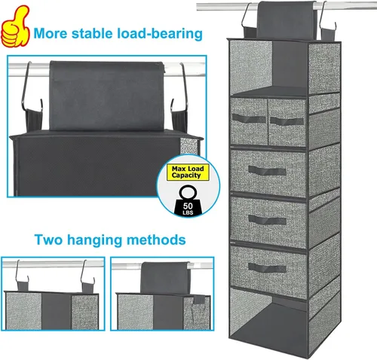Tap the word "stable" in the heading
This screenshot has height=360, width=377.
(x=92, y=33)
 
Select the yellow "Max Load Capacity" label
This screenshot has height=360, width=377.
(x=188, y=172)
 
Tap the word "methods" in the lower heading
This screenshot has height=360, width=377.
(x=156, y=239)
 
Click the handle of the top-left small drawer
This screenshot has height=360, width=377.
(x=249, y=118)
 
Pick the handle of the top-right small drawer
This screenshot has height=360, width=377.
(x=287, y=121)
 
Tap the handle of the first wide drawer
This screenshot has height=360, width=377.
(x=267, y=171)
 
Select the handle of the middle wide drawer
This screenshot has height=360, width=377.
(x=267, y=220)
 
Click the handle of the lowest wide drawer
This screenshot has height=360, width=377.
(x=267, y=268)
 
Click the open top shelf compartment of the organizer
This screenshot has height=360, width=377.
(x=269, y=68)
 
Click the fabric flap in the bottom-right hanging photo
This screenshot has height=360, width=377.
(x=164, y=277)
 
